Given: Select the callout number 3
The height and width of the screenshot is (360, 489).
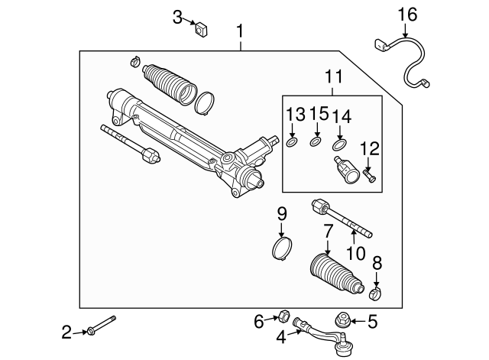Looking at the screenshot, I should click(x=177, y=17).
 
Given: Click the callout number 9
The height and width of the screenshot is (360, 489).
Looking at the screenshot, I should click(x=281, y=215).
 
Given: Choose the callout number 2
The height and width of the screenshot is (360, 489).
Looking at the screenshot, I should click(x=66, y=332).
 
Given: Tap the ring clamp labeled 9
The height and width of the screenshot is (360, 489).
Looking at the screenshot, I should click(x=283, y=250).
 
